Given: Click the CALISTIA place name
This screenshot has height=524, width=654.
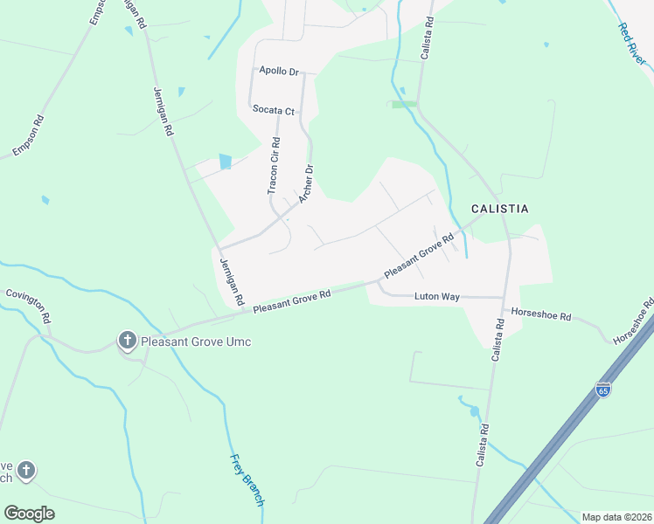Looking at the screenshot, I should (499, 209).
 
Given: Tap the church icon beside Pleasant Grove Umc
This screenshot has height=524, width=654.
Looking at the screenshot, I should (127, 340).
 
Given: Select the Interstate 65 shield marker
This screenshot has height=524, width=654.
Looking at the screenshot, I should (603, 388).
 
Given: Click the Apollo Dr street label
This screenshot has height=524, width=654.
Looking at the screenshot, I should (278, 71).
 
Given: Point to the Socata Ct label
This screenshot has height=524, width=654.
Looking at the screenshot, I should (274, 110).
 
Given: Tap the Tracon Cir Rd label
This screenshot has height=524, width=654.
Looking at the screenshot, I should (273, 166).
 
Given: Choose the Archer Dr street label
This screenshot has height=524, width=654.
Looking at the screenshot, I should (305, 184).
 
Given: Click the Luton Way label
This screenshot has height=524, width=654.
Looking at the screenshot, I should (437, 297).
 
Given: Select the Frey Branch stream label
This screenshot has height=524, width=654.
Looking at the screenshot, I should (247, 479).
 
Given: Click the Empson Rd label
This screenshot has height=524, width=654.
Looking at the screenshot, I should (28, 138).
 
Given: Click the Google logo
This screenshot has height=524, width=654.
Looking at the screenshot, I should (29, 514).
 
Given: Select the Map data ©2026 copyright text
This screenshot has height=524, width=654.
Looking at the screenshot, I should (616, 517).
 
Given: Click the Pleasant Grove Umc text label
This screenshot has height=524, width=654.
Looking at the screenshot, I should (195, 341).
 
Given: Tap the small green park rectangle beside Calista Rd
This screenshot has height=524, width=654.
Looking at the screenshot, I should (404, 104).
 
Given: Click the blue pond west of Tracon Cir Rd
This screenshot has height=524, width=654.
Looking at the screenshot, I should (226, 162).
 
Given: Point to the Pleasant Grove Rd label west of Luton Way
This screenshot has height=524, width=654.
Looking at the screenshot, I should (292, 303).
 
